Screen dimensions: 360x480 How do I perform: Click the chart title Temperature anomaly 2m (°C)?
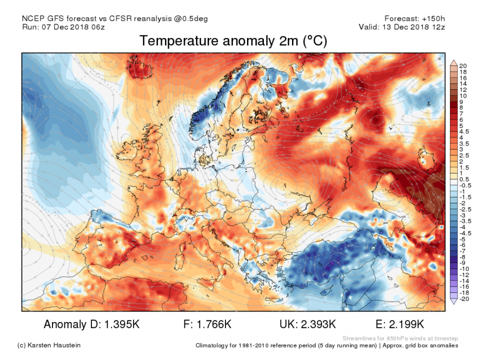pyautogui.click(x=233, y=41)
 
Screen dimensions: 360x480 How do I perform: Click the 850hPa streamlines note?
pyautogui.click(x=400, y=338)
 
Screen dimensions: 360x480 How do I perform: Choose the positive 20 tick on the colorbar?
pyautogui.click(x=463, y=66)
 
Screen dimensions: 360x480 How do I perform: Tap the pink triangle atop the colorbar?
pyautogui.click(x=453, y=62)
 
